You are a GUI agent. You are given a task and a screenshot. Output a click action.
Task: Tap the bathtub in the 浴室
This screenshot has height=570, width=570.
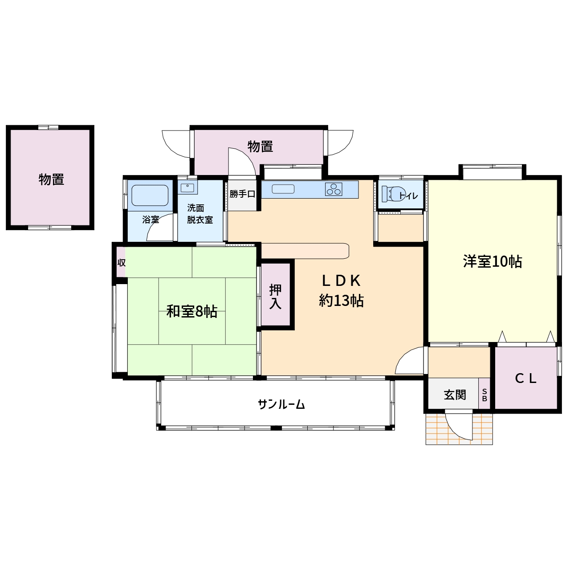point(150,195)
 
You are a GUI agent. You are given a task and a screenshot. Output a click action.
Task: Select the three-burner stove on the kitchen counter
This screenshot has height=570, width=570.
point(334,189)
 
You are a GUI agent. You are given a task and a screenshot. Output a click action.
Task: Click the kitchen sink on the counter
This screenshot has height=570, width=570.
point(283,189)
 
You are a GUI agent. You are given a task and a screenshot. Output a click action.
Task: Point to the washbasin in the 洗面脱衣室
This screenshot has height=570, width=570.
point(187,188)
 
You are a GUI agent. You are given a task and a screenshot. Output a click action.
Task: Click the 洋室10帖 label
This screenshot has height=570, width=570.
point(492,261)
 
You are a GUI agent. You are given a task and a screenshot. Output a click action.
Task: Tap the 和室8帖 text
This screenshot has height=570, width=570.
point(191,311)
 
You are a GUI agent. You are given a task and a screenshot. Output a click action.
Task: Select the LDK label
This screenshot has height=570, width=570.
point(341,281)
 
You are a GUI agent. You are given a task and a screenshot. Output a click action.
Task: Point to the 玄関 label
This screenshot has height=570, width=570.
point(455,395)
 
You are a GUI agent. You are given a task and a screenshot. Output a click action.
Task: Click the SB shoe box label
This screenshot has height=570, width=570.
point(484,395)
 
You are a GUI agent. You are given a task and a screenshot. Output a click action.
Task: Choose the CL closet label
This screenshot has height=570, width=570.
point(525,379)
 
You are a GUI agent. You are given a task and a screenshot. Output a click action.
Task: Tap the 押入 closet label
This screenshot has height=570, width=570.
point(275,297)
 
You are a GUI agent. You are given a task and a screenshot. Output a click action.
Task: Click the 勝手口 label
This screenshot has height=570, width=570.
point(242,194)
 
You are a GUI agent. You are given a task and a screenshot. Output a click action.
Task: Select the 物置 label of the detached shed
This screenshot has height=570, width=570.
point(51,179)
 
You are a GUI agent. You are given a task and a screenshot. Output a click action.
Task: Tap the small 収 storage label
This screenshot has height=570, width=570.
point(121,262)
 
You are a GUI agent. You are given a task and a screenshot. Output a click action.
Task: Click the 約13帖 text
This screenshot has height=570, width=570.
point(341,301)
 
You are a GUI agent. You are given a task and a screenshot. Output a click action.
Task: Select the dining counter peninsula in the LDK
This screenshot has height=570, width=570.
point(305,251)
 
